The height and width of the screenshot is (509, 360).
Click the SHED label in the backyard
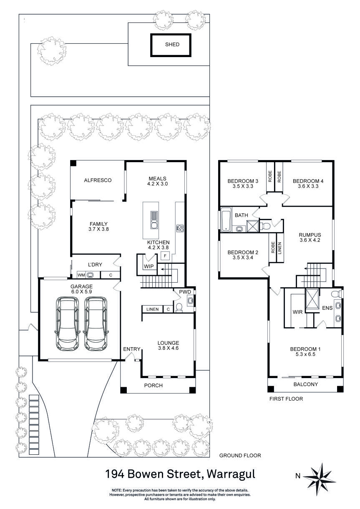(172, 45)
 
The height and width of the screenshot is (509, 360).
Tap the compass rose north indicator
(319, 476)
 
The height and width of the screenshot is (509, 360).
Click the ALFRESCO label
(98, 181)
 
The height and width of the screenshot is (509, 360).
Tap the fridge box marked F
(165, 256)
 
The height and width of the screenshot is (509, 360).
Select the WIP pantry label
(149, 266)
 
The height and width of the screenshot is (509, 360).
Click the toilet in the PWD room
(179, 307)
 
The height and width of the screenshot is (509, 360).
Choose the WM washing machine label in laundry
(81, 275)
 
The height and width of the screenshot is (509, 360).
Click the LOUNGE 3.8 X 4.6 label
(168, 346)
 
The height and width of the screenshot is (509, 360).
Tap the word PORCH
(154, 385)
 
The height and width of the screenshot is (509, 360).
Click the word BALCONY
(305, 384)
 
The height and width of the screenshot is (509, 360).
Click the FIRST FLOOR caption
(286, 399)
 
